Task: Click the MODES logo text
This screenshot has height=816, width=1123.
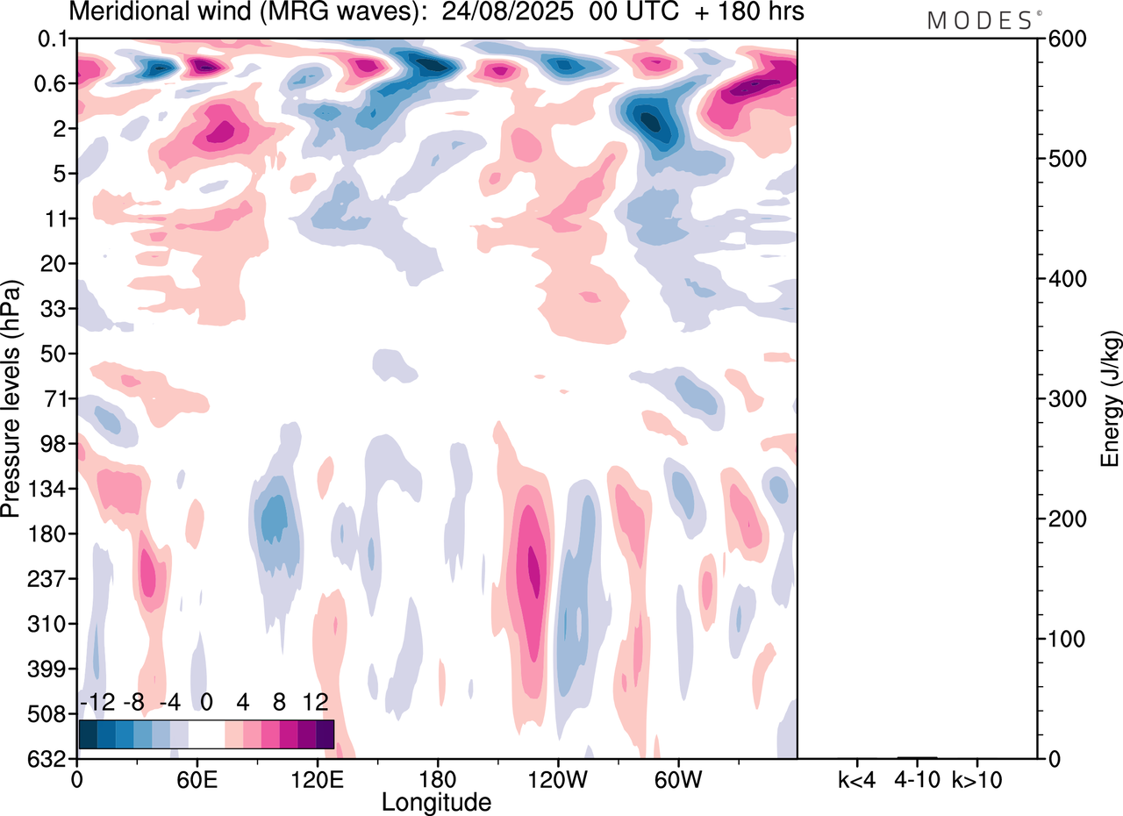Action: click(980, 21)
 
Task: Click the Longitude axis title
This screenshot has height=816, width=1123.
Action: click(436, 800)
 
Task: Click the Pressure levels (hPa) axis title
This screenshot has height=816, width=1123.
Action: click(11, 399)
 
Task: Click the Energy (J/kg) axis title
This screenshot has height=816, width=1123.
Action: click(1111, 399)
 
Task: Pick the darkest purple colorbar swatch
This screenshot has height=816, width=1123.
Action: click(325, 734)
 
